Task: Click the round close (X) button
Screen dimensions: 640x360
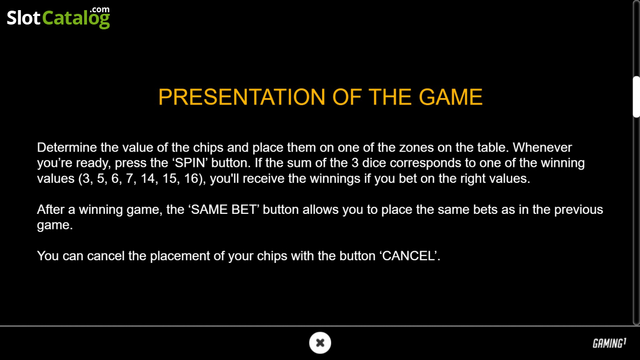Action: point(320,342)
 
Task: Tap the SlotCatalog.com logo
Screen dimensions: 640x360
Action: point(58,18)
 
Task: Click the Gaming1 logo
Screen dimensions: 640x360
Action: point(610,343)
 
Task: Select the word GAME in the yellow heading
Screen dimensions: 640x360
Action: point(451,97)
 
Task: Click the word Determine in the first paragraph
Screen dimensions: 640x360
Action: point(67,147)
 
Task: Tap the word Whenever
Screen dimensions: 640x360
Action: point(542,147)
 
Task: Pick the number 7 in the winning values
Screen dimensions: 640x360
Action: point(130,179)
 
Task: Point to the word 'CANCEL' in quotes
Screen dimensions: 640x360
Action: point(409,255)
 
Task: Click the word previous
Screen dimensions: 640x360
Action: point(579,210)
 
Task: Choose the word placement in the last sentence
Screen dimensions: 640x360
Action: point(180,255)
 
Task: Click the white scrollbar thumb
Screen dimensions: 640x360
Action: point(636,97)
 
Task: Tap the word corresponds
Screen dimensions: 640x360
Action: point(426,163)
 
